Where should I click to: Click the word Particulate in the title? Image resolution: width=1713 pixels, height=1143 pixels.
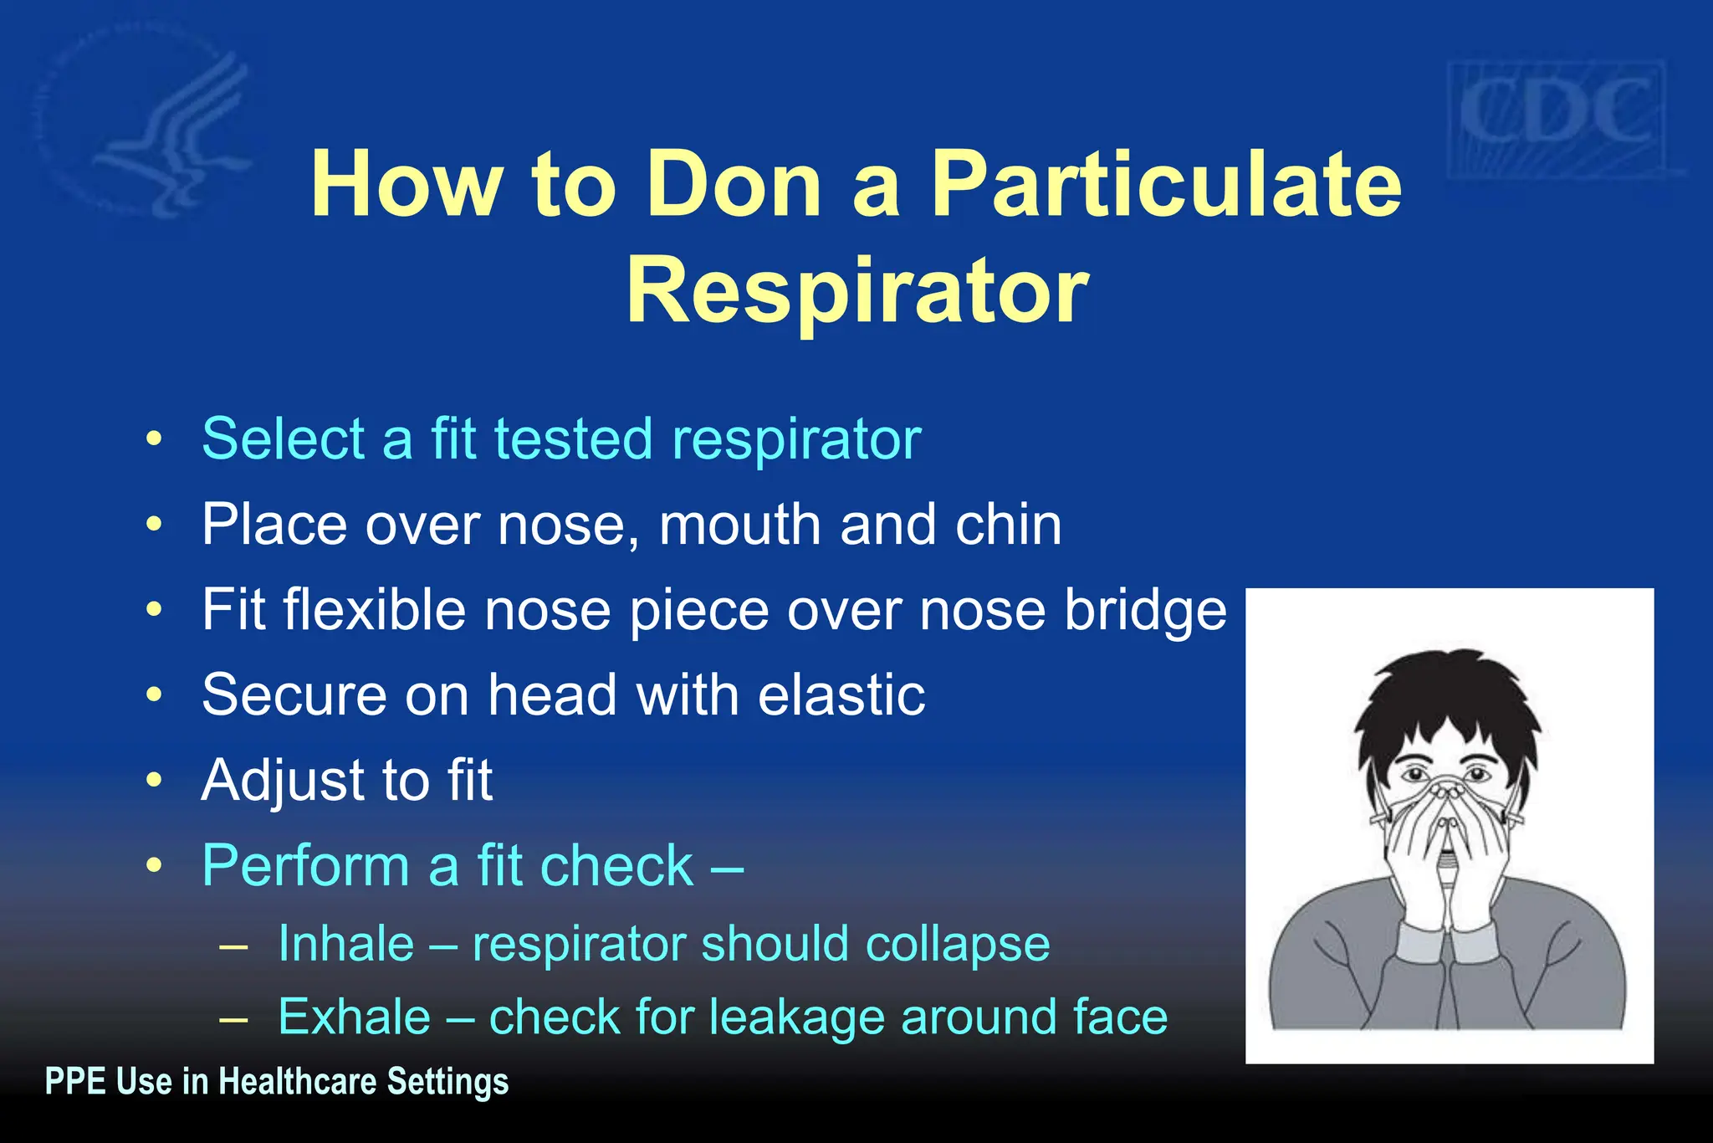1166,184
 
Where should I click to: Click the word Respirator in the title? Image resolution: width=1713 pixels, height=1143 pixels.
857,290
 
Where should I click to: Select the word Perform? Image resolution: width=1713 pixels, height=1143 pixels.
305,865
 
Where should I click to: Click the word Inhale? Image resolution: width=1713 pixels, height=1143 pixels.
346,944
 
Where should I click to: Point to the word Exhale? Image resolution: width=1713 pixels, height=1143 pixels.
355,1017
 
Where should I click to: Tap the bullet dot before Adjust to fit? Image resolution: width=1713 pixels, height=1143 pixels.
154,780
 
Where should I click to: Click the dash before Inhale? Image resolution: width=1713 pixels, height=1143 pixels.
233,946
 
